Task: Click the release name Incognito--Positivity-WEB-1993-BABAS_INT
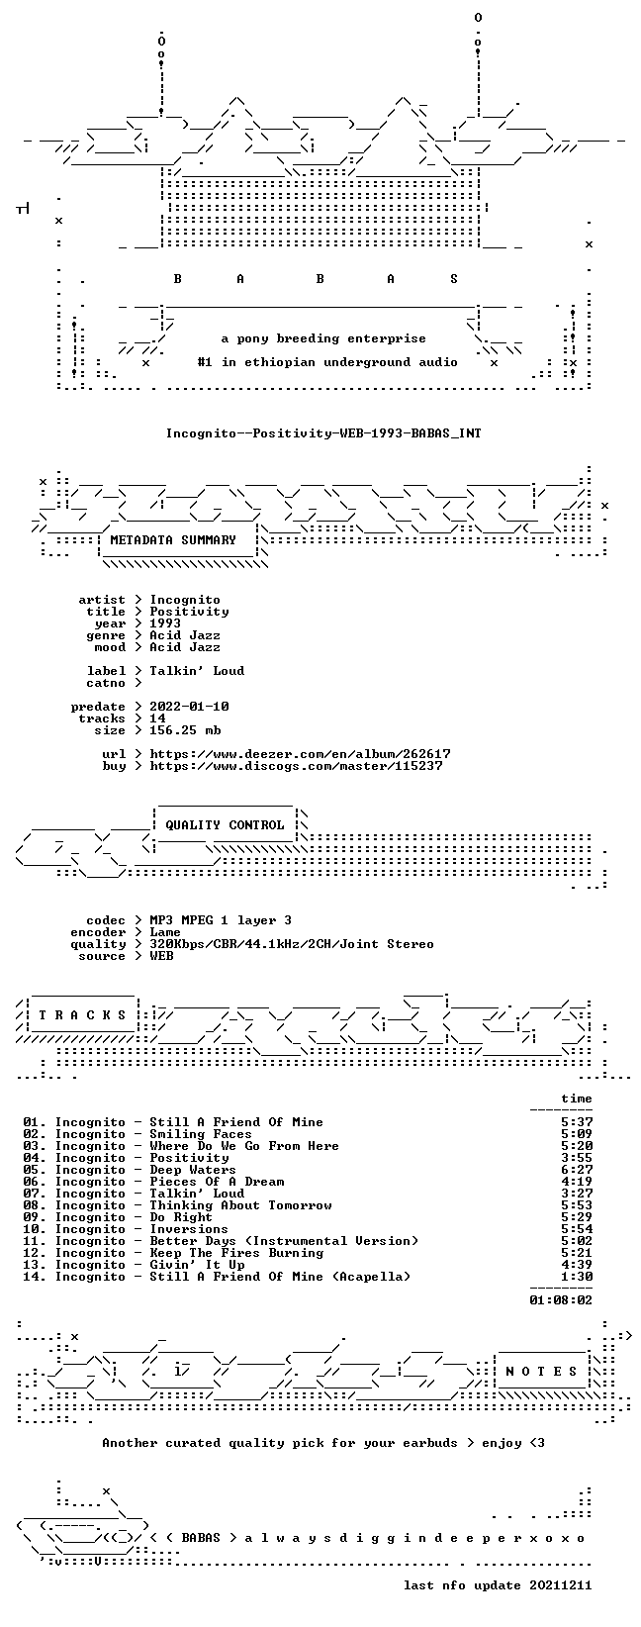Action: tap(323, 432)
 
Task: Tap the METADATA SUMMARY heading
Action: tap(173, 539)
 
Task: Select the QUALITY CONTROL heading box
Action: tap(225, 824)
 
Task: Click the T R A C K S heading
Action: tap(82, 1014)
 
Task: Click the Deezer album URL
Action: tap(300, 754)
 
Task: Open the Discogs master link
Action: tap(296, 766)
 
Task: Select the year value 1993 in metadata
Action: tap(165, 623)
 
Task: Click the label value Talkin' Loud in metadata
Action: tap(197, 670)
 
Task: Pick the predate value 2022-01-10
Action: tap(189, 706)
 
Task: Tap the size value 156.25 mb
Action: tap(185, 730)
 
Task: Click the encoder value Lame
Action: tap(165, 932)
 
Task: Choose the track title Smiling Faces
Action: tap(201, 1134)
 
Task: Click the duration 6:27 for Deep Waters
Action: tap(577, 1170)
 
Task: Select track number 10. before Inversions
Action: tap(35, 1229)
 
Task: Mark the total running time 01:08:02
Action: tap(561, 1299)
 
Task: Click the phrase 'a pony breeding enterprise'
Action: tap(323, 338)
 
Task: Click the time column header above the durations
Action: tap(577, 1099)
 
